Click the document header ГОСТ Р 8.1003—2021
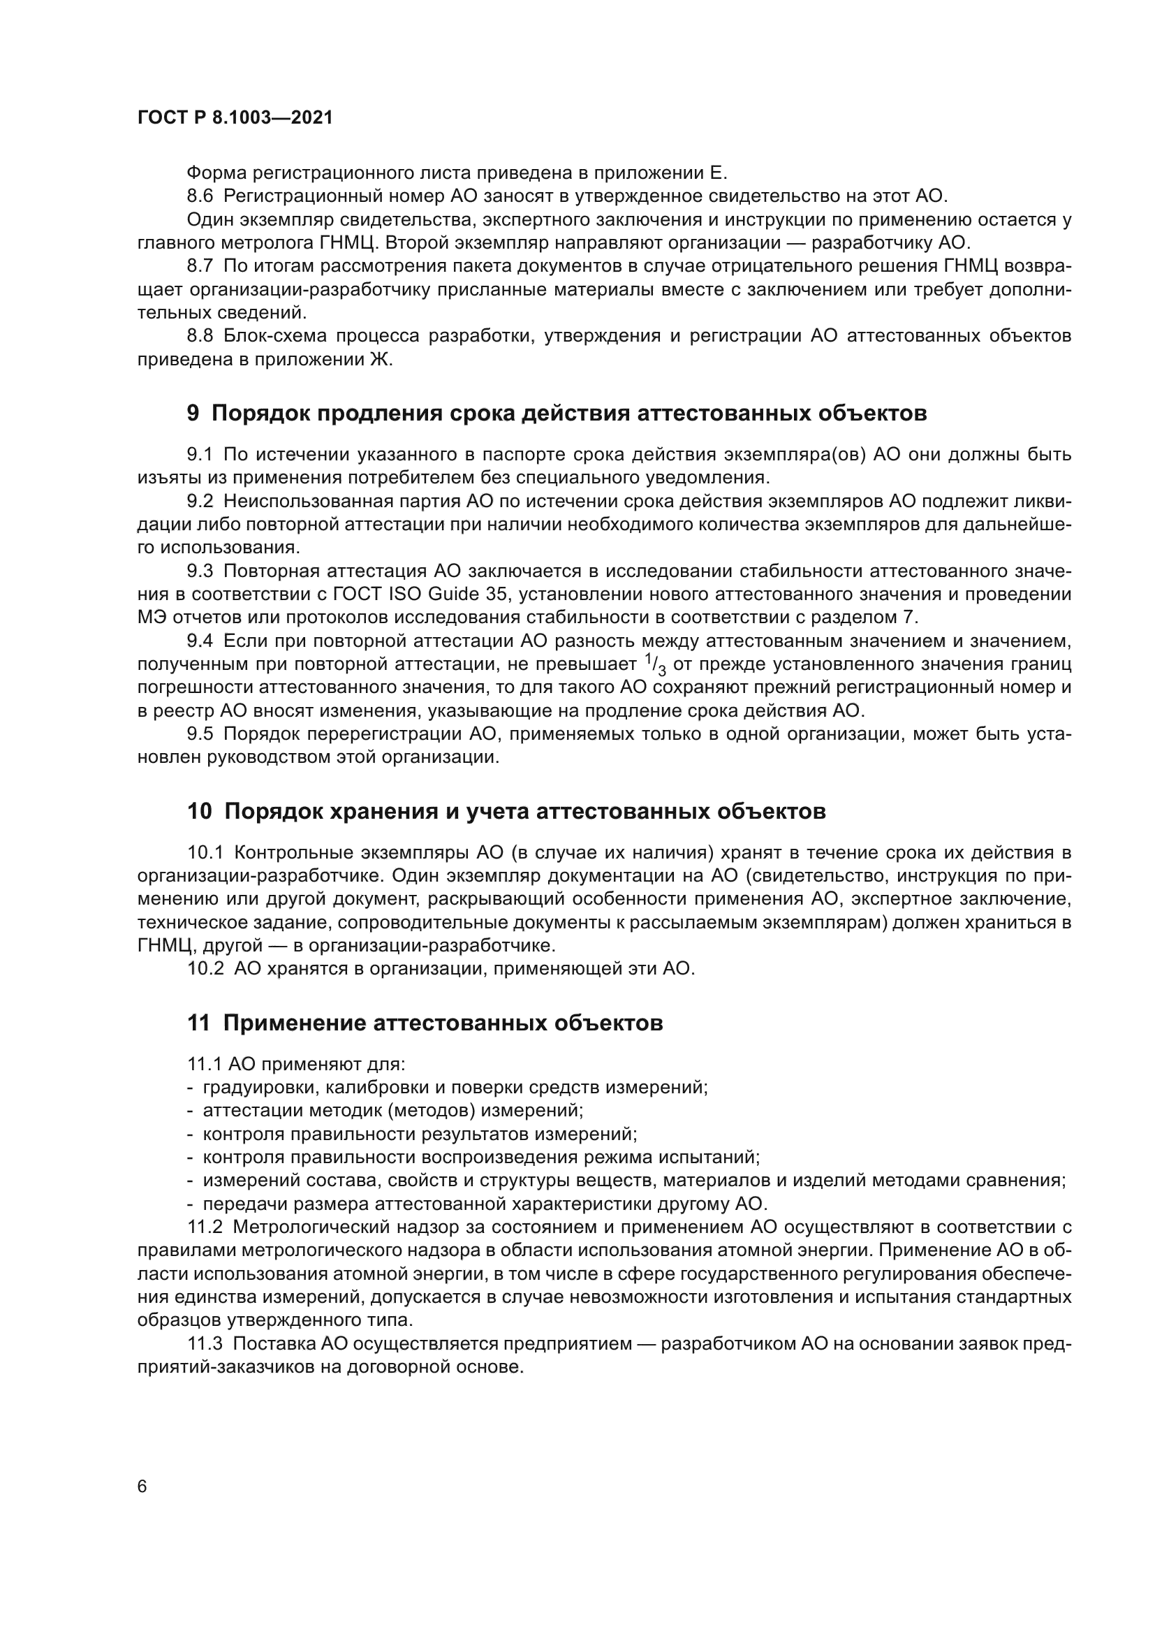(235, 118)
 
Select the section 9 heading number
(193, 414)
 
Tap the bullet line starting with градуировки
(455, 1088)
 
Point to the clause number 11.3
(205, 1343)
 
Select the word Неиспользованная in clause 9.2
(307, 501)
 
